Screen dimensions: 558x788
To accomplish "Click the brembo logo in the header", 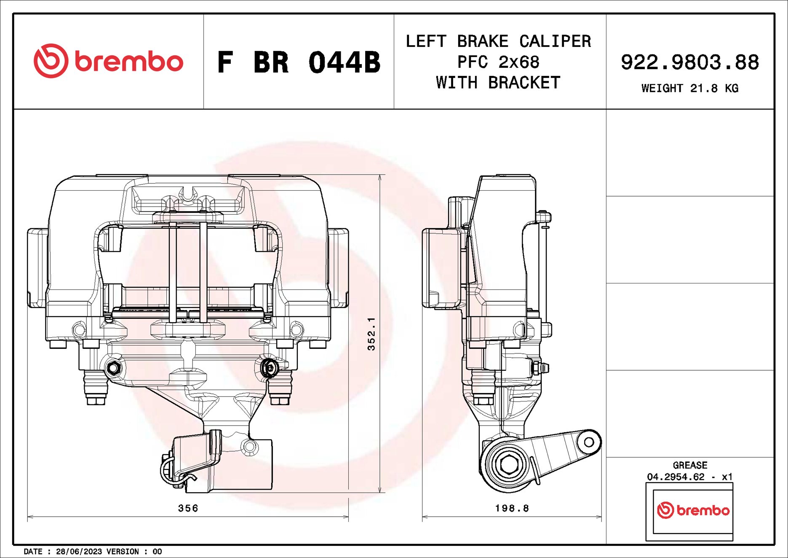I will [108, 61].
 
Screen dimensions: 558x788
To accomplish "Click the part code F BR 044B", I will [298, 62].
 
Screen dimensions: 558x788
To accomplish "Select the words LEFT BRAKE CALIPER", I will [498, 41].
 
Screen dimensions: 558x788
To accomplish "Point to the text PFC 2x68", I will [498, 62].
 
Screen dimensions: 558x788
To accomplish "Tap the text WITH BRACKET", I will [498, 83].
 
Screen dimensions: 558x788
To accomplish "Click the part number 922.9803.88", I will [689, 62].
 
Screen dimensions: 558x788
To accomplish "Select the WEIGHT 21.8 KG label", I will [689, 88].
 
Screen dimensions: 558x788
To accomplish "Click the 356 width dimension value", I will [188, 508].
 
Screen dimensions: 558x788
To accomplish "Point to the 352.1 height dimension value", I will [371, 334].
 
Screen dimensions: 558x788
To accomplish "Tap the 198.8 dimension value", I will [512, 508].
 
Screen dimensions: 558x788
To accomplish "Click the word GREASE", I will [690, 465].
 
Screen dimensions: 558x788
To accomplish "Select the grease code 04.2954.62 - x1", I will [690, 477].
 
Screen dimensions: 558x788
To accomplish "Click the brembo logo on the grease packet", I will [693, 510].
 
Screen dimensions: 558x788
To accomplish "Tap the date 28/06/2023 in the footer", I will [79, 552].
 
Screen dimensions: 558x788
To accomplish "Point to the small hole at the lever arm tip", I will [589, 442].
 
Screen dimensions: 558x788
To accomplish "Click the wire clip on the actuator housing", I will [171, 472].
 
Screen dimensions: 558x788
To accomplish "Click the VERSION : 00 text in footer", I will [134, 552].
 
